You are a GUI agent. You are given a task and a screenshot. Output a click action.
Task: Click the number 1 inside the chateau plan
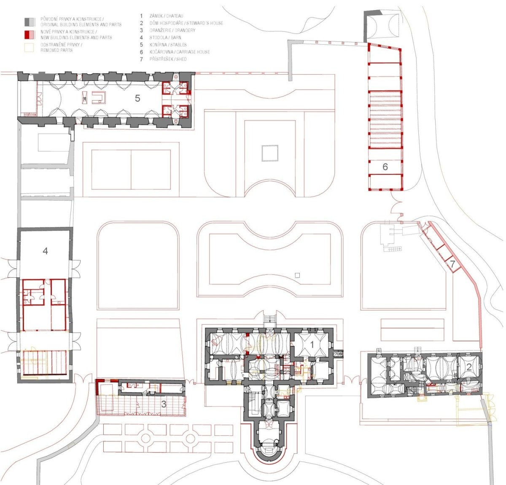tap(312, 344)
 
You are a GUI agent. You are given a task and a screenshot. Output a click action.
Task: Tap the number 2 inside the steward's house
tap(469, 367)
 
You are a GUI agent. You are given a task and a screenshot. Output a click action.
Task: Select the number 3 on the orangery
tap(164, 404)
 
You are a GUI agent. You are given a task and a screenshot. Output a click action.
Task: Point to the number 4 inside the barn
tap(45, 251)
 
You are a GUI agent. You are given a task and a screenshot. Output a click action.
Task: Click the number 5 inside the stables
tap(137, 98)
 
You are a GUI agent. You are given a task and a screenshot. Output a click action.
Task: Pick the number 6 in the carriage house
tap(385, 166)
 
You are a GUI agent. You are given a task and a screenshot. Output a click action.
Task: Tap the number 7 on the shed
tap(452, 265)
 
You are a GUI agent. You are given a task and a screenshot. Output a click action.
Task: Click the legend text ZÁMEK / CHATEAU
tap(167, 16)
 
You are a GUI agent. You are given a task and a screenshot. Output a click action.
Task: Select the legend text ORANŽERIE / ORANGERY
tap(172, 30)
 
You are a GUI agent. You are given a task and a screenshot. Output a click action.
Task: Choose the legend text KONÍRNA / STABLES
tap(168, 45)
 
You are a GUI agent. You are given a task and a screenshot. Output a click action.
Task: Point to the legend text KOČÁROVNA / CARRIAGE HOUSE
tap(180, 52)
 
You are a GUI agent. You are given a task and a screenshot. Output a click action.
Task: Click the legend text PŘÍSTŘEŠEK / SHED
tap(168, 59)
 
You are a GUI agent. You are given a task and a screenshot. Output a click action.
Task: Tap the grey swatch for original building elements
tap(30, 22)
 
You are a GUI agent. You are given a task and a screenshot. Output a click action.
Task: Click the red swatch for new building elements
tap(30, 35)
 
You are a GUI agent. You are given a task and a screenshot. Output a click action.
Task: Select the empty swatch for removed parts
tap(30, 48)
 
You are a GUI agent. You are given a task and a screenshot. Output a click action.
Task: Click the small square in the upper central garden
tap(270, 153)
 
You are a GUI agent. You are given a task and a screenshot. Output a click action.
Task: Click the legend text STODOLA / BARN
tap(165, 38)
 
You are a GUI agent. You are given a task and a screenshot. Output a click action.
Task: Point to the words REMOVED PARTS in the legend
tap(57, 50)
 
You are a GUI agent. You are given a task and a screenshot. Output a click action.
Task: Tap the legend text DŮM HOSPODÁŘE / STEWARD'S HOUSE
tap(186, 23)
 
